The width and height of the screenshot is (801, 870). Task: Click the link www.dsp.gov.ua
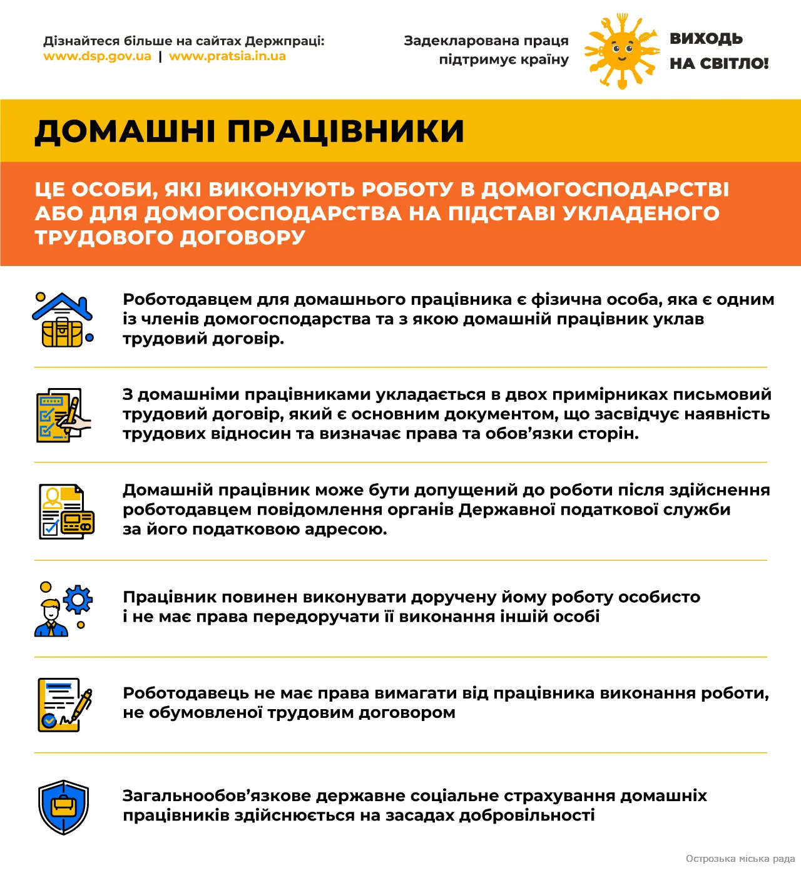[x=97, y=56]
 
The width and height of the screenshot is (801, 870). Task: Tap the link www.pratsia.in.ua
[x=227, y=56]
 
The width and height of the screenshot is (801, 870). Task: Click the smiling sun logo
[x=621, y=51]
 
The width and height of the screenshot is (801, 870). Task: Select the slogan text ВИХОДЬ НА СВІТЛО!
[x=718, y=51]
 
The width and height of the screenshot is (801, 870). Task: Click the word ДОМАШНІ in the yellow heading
[x=125, y=131]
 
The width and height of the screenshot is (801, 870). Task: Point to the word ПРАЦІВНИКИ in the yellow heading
[x=345, y=131]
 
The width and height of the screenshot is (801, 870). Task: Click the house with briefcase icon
[x=63, y=320]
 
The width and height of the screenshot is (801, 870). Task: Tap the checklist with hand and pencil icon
[x=63, y=415]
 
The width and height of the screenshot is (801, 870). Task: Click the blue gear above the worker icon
[x=78, y=600]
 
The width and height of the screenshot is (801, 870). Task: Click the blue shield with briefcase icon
[x=63, y=807]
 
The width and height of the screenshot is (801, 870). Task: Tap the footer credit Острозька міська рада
[x=740, y=859]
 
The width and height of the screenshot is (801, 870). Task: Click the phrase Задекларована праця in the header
[x=486, y=41]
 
